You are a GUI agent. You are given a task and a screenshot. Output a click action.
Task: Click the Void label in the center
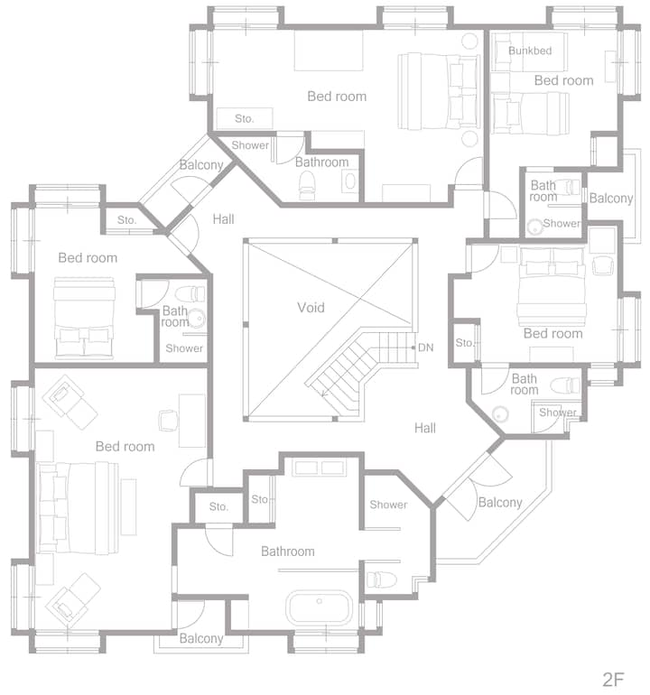[x=311, y=307]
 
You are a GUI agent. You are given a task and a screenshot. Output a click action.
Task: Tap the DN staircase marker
[x=425, y=347]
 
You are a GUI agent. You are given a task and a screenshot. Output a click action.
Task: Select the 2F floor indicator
[x=614, y=679]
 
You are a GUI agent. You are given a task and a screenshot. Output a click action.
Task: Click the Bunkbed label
[x=530, y=51]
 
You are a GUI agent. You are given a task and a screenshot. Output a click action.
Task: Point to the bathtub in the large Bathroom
[x=320, y=608]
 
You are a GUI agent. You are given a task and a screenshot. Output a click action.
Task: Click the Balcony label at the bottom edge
[x=201, y=638]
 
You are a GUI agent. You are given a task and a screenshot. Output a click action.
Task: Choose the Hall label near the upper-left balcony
[x=223, y=219]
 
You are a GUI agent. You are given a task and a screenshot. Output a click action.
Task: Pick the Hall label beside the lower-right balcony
[x=425, y=428]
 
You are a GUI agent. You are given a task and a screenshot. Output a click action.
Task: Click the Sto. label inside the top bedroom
[x=245, y=118]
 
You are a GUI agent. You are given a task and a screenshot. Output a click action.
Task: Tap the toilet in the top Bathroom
[x=307, y=185]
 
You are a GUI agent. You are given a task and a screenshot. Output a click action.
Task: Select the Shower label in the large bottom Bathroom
[x=388, y=505]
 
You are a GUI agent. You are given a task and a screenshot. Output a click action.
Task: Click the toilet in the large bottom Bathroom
[x=380, y=579]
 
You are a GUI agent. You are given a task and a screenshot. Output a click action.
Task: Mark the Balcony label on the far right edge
[x=611, y=199]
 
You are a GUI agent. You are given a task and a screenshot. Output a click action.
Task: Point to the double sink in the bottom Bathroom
[x=320, y=468]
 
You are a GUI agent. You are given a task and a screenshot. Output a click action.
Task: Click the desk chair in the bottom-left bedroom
[x=168, y=421]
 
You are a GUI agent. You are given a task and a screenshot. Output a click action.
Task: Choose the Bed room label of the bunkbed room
[x=563, y=80]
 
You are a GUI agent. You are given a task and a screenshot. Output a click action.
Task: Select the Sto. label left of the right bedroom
[x=464, y=343]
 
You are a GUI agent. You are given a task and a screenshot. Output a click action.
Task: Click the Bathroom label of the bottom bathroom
[x=288, y=551]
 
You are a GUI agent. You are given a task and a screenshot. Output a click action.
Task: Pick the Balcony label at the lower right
[x=500, y=502]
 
